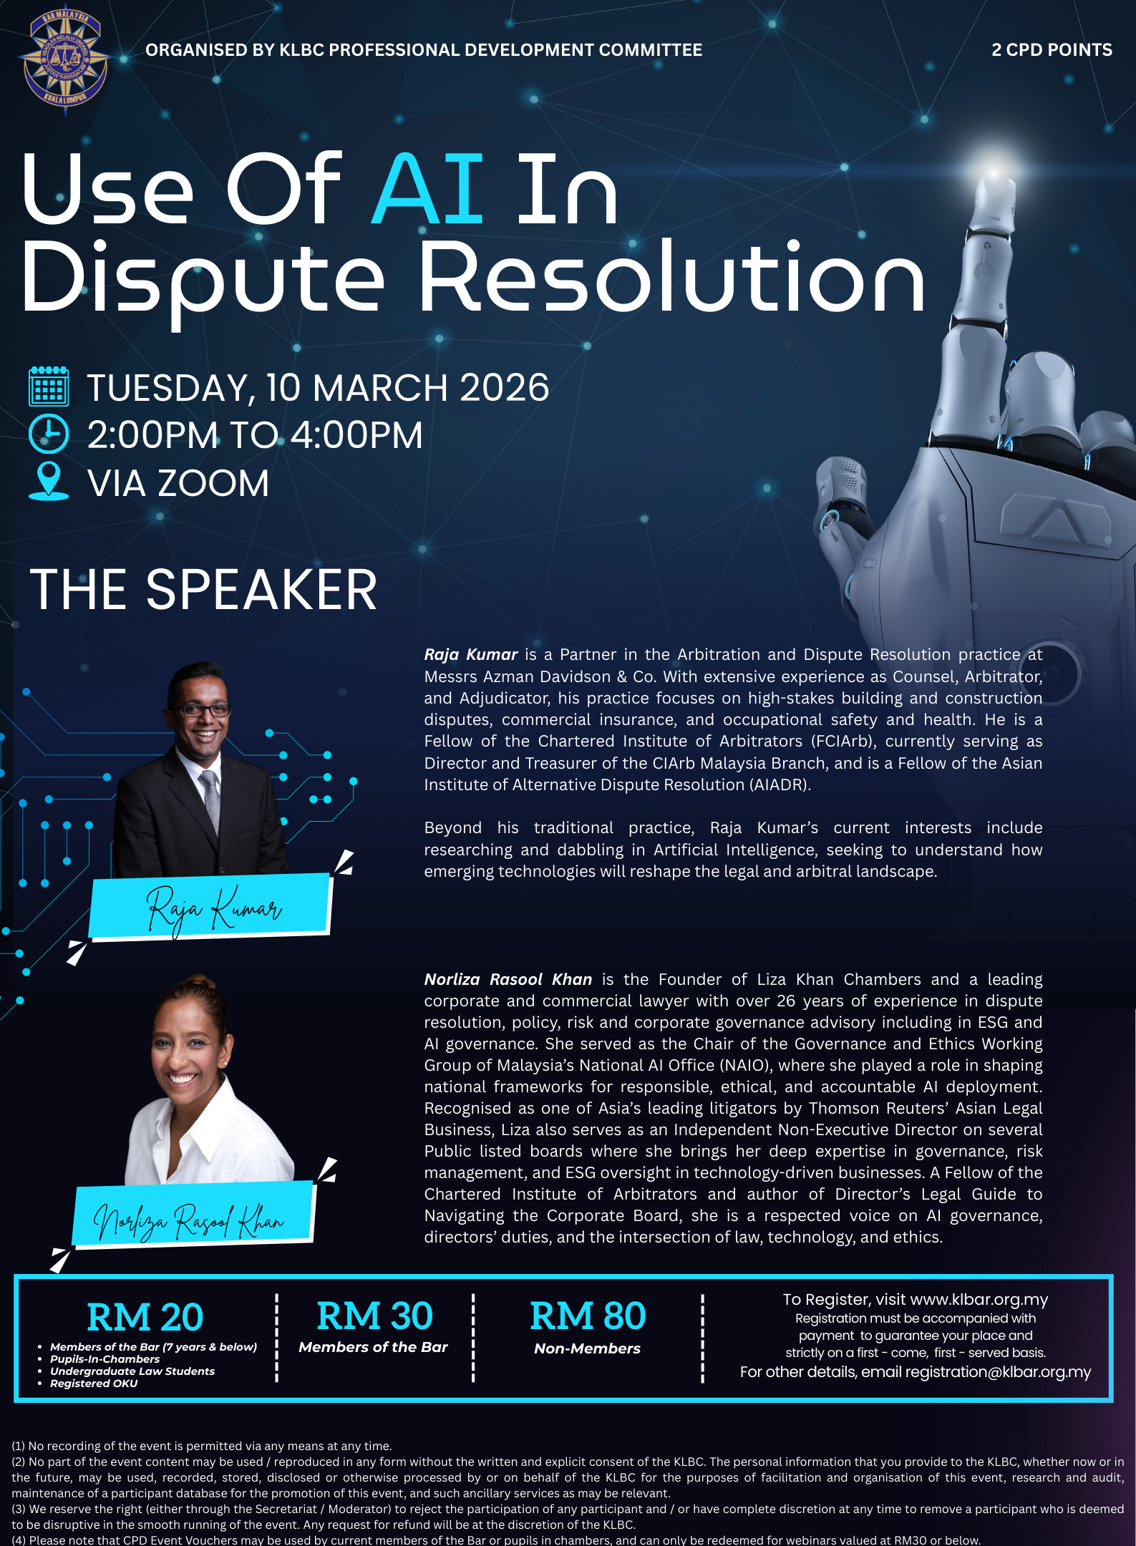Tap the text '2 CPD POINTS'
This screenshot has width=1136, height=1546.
1052,50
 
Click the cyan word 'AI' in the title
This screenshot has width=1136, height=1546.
428,189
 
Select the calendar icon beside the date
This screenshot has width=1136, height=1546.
49,386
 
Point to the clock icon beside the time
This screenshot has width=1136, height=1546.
49,434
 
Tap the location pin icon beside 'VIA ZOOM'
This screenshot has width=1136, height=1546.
49,480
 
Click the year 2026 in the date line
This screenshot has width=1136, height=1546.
504,388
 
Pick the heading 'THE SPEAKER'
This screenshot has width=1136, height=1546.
203,590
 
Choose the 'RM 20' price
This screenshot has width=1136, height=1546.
145,1317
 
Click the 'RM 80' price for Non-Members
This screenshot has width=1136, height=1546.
588,1316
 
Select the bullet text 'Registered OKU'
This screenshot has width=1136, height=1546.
94,1384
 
